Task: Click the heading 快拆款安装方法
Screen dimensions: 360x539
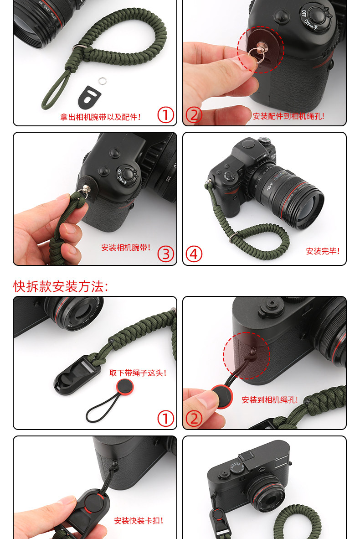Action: [61, 286]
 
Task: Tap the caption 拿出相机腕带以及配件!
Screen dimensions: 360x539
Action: [100, 117]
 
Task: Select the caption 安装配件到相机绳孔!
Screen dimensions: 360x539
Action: [288, 116]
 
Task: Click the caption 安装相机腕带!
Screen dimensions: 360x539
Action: [126, 248]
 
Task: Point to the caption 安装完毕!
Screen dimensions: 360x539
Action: [323, 251]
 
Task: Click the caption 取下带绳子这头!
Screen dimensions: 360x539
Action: [138, 373]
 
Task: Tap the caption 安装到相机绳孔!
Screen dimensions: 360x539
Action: [270, 400]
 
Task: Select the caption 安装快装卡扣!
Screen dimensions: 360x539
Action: [139, 521]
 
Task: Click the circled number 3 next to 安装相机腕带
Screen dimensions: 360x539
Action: [165, 254]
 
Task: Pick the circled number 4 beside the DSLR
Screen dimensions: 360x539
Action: [194, 254]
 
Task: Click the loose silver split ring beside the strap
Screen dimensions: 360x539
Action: [103, 81]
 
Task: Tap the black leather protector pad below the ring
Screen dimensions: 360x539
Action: [88, 97]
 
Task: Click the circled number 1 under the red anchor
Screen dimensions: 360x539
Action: [165, 419]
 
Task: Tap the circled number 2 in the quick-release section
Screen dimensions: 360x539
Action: [194, 419]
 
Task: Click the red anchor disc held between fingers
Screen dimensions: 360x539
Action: [221, 397]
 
